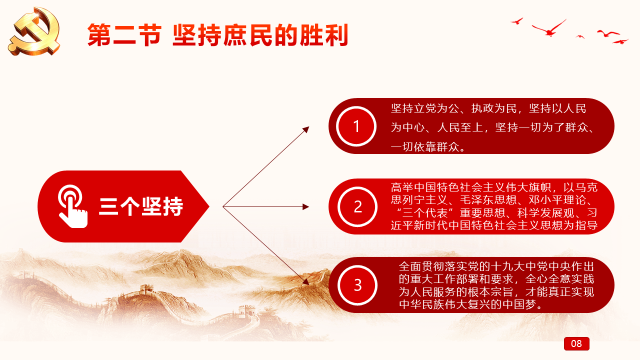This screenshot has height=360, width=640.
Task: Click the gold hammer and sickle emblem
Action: click(34, 31)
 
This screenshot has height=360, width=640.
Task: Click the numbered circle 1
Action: click(356, 126)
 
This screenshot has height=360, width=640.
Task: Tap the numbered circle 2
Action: click(357, 206)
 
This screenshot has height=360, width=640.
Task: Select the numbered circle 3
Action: click(357, 285)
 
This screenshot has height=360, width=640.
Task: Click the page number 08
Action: click(576, 343)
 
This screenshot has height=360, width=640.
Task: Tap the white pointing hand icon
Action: click(72, 206)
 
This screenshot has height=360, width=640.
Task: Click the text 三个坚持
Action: click(141, 206)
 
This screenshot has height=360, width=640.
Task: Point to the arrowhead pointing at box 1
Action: click(306, 129)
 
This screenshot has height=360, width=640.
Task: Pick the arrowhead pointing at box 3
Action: click(306, 281)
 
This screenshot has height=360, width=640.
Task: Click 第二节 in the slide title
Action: click(124, 35)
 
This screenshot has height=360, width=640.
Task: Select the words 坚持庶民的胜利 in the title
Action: click(260, 35)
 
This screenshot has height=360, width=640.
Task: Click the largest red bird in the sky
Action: click(549, 28)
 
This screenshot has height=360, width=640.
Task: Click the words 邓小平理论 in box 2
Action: click(557, 200)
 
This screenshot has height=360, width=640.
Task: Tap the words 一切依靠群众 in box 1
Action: click(425, 147)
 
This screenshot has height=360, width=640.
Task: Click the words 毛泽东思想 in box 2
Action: click(488, 200)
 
